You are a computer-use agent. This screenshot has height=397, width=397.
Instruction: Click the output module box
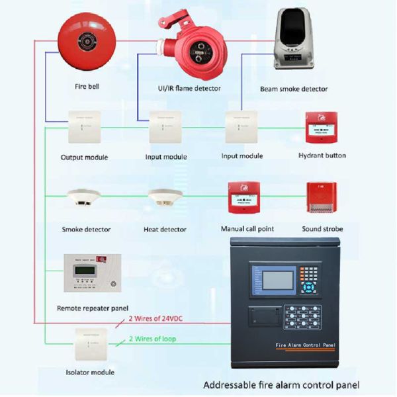tap(84, 126)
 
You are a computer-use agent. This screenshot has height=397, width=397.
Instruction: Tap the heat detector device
tap(165, 198)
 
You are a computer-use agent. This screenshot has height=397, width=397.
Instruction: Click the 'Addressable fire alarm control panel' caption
tap(281, 384)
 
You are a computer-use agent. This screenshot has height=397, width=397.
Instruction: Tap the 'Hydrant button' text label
tap(322, 156)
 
